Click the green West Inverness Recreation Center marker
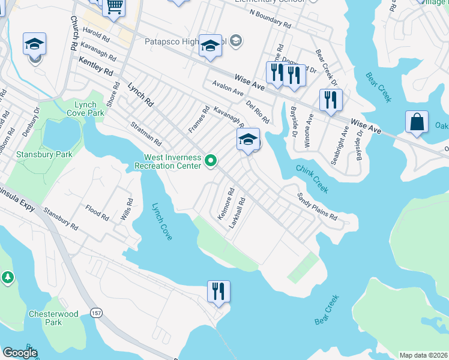click(211, 161)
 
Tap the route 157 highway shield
click(96, 313)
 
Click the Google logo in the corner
click(19, 353)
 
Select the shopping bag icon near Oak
click(417, 122)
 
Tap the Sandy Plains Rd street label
click(318, 206)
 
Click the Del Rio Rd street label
click(257, 112)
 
